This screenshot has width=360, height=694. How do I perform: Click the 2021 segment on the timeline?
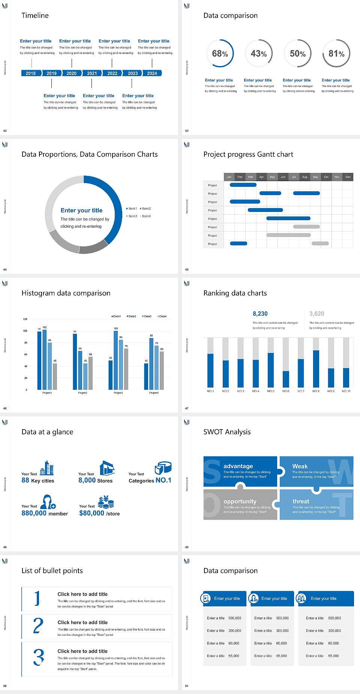92,73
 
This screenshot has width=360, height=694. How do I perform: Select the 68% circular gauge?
220,53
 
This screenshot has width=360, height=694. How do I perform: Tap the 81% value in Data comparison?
336,54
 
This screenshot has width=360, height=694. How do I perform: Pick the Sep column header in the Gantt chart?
315,177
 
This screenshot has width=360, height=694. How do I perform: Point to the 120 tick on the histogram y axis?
25,319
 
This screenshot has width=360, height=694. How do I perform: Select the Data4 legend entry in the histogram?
162,316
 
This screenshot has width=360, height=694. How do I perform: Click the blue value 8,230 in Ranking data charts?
260,314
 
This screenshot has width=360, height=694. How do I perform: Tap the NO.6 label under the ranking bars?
286,391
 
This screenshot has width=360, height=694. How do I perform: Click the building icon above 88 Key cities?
47,468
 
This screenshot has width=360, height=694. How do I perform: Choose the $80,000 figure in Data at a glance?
91,513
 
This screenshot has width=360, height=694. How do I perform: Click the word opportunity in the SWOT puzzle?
240,501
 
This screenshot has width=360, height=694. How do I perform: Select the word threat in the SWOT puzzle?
301,501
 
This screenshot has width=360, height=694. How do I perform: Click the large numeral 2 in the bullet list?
38,626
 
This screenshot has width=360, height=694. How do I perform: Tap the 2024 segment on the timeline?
152,73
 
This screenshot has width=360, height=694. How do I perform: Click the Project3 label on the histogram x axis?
118,393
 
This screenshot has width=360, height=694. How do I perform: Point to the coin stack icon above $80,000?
106,502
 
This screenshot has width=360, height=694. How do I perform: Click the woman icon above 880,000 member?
48,502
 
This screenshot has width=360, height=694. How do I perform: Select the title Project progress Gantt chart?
248,154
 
